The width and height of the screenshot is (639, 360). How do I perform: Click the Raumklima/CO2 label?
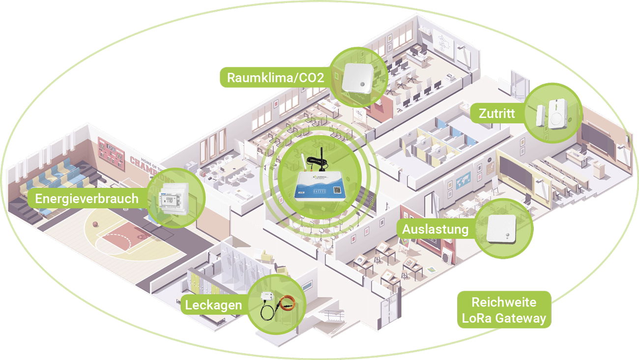tap(275, 78)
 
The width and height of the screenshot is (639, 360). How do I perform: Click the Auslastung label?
tap(435, 230)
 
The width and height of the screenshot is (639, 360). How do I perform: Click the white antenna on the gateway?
tap(298, 162)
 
